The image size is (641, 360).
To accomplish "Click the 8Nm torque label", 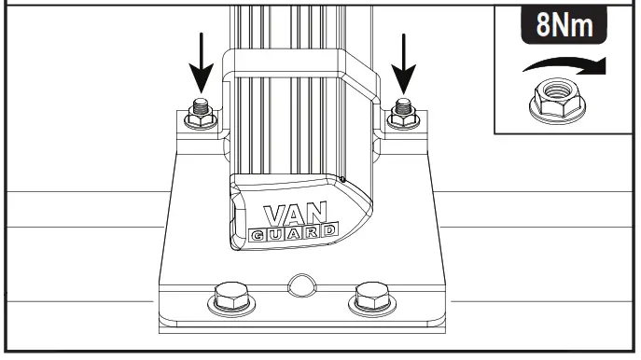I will [x=564, y=24].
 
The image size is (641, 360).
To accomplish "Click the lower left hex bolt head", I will [x=230, y=300].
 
